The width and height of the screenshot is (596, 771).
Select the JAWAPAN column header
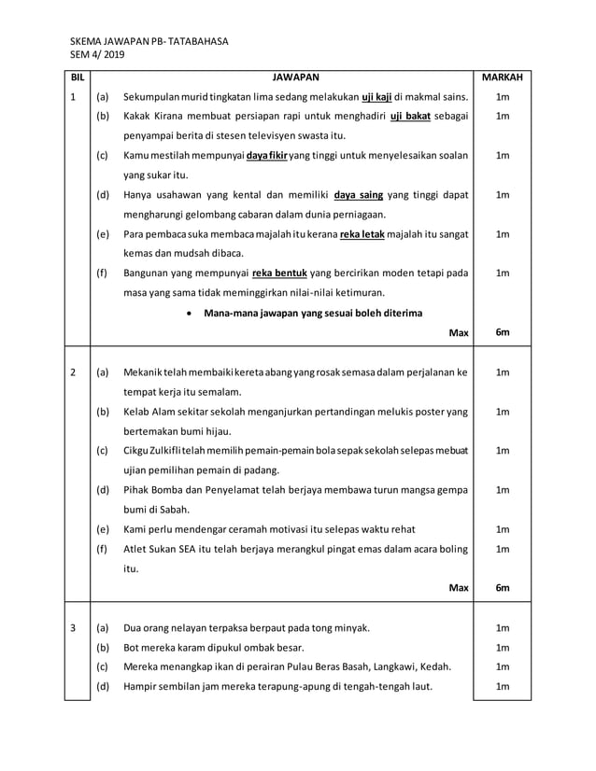coord(296,77)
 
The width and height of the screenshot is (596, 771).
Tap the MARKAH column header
coord(503,77)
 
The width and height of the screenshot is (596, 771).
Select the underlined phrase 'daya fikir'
coord(266,155)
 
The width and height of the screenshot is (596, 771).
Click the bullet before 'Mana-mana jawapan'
coord(192,313)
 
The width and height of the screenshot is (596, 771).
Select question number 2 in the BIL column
coord(73,372)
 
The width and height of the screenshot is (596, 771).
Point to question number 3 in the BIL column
coord(73,627)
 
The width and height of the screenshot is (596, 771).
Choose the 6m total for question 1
coord(503,332)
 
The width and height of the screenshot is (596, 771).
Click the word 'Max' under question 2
coord(459,587)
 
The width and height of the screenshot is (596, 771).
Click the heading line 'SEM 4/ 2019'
coord(97,55)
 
